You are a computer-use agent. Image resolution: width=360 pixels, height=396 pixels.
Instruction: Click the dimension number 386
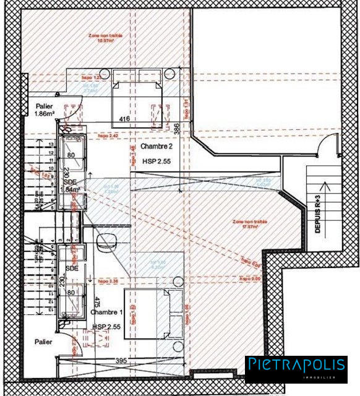(x=176, y=129)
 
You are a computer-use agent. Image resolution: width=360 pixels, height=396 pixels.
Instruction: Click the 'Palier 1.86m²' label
(x=45, y=110)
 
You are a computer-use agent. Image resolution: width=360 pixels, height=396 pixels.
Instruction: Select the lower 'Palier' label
(x=43, y=342)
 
